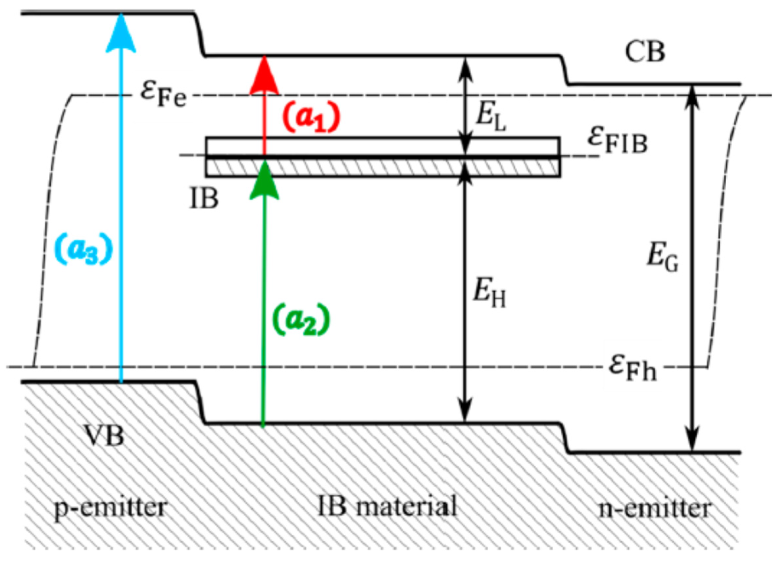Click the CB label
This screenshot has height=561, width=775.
[645, 53]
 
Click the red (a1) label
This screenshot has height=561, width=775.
[311, 117]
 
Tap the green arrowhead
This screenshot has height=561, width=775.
[264, 180]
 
